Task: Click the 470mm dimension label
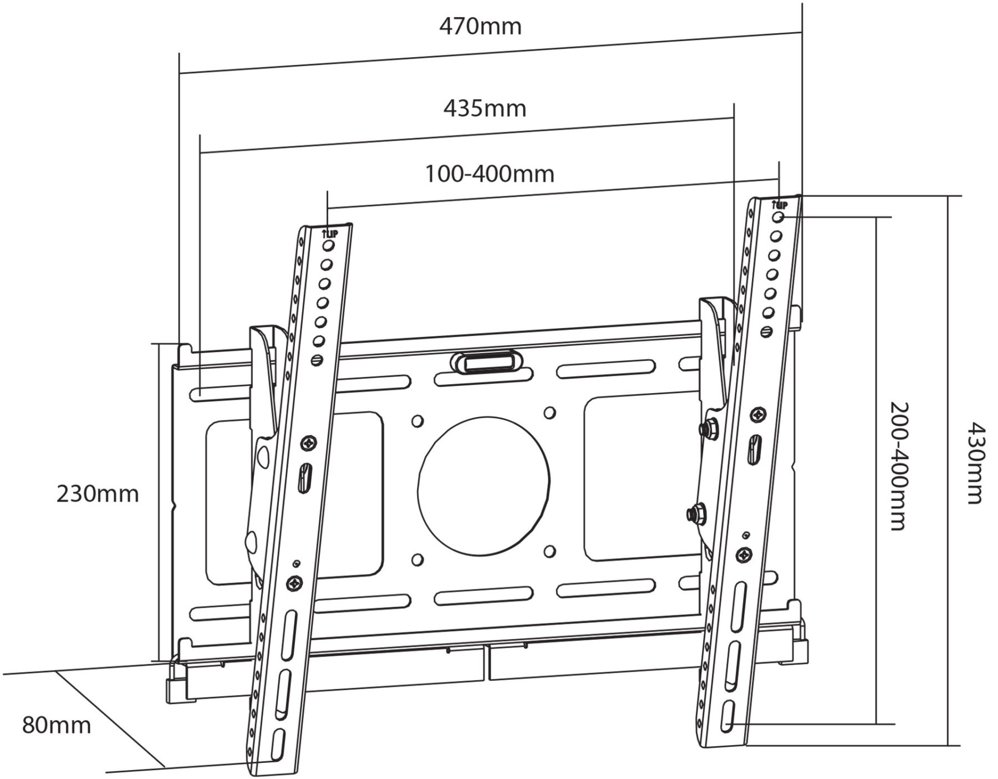tap(481, 26)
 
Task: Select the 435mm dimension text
tap(485, 108)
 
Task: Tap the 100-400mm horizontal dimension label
tap(490, 174)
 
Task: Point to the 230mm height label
tap(98, 493)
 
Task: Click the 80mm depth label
tap(57, 725)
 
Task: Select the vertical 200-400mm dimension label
tap(899, 466)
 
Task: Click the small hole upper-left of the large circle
tap(417, 421)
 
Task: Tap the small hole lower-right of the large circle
tap(549, 551)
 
